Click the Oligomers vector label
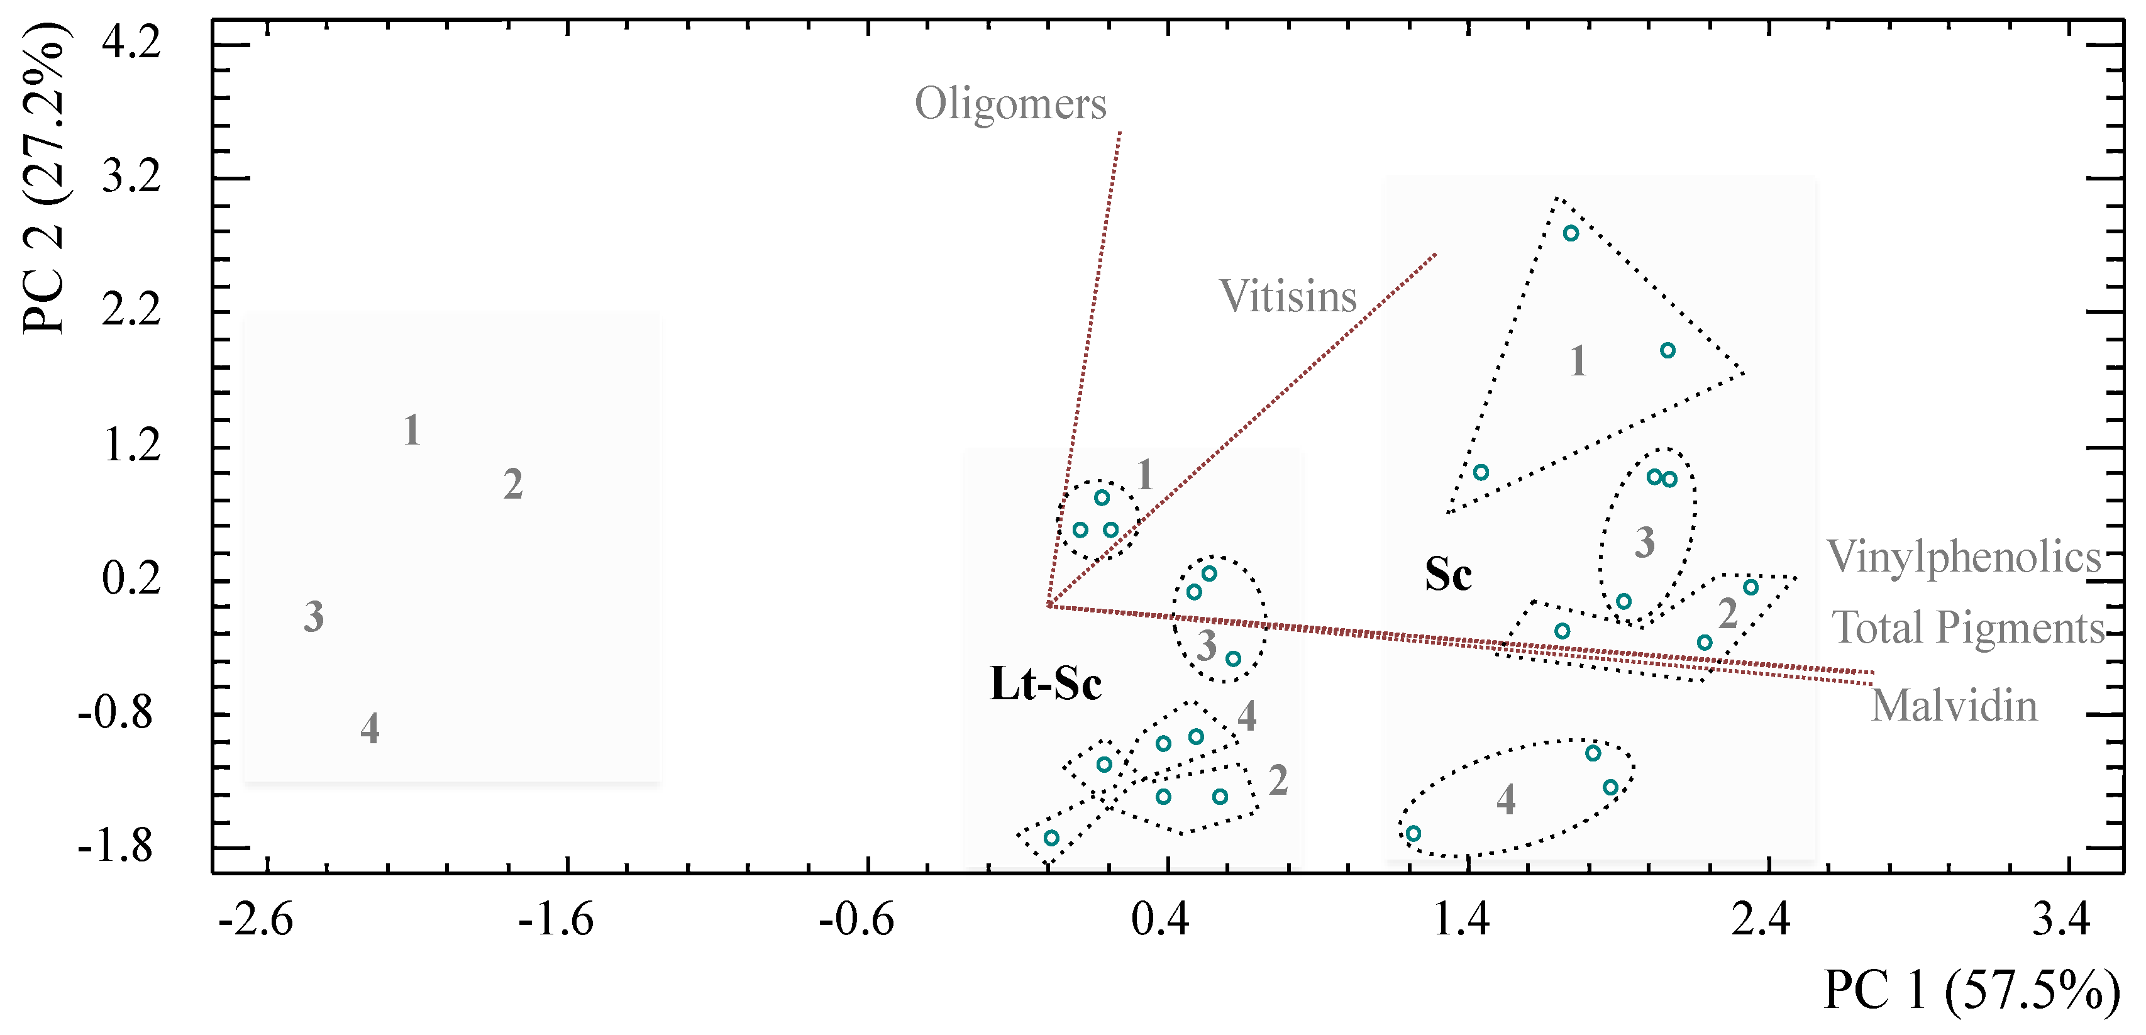click(1010, 105)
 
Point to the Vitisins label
click(1287, 297)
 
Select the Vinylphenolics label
click(1963, 556)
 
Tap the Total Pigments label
click(1967, 628)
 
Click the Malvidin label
click(1954, 707)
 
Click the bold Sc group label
click(1448, 574)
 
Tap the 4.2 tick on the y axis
click(131, 42)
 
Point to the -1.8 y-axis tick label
click(116, 848)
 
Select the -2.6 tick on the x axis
click(255, 920)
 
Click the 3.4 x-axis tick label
click(2061, 920)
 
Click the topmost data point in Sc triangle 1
click(1570, 233)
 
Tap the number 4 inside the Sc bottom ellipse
click(1505, 800)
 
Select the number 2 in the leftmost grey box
click(513, 485)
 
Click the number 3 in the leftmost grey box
click(313, 617)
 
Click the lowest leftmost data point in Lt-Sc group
click(1051, 838)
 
